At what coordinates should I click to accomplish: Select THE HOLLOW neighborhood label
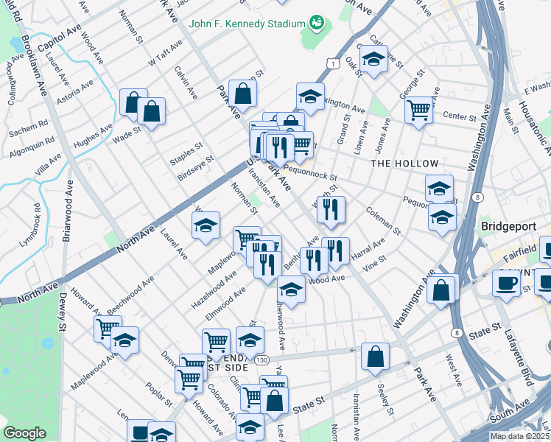404,163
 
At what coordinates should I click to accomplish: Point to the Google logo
24,433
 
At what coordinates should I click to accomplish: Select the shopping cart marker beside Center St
419,110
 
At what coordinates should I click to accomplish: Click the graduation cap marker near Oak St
373,60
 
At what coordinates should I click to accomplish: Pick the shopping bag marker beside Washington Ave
441,288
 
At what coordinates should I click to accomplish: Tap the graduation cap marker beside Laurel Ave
206,225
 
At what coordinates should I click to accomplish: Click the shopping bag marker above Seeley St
376,356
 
